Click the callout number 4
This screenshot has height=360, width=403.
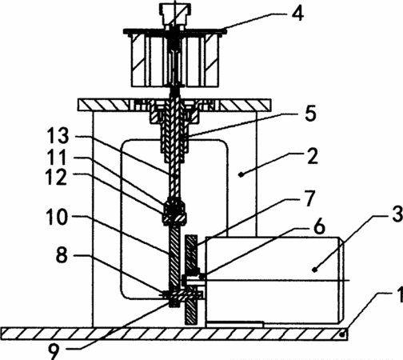(x=297, y=14)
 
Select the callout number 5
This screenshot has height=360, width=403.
(x=310, y=114)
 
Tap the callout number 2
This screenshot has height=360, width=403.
(x=313, y=156)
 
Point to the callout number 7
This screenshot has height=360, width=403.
(x=309, y=198)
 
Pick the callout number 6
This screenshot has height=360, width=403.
(x=319, y=226)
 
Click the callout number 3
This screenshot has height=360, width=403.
(x=397, y=214)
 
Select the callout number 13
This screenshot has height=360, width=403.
(x=58, y=136)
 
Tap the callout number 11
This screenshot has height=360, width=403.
(x=57, y=158)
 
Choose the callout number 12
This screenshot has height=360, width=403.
(x=57, y=178)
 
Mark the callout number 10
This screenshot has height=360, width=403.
(x=57, y=217)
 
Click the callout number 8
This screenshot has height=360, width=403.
(x=62, y=255)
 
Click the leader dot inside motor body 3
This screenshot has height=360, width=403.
(x=315, y=270)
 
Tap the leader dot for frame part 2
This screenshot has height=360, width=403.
(x=241, y=174)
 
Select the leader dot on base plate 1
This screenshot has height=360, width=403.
(x=343, y=334)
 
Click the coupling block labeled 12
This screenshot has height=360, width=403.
(x=174, y=213)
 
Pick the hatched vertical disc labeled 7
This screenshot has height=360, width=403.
(x=191, y=279)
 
